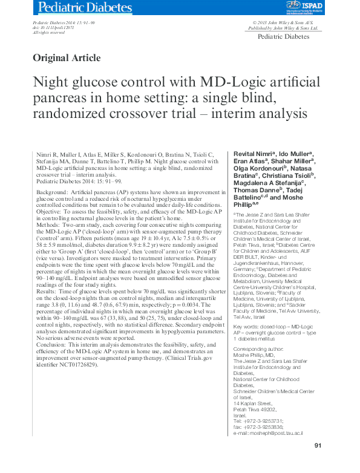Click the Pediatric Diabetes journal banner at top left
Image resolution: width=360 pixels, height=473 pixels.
84,8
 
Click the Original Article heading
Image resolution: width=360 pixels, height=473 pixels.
67,58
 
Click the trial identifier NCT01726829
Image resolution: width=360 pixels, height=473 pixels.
77,365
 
